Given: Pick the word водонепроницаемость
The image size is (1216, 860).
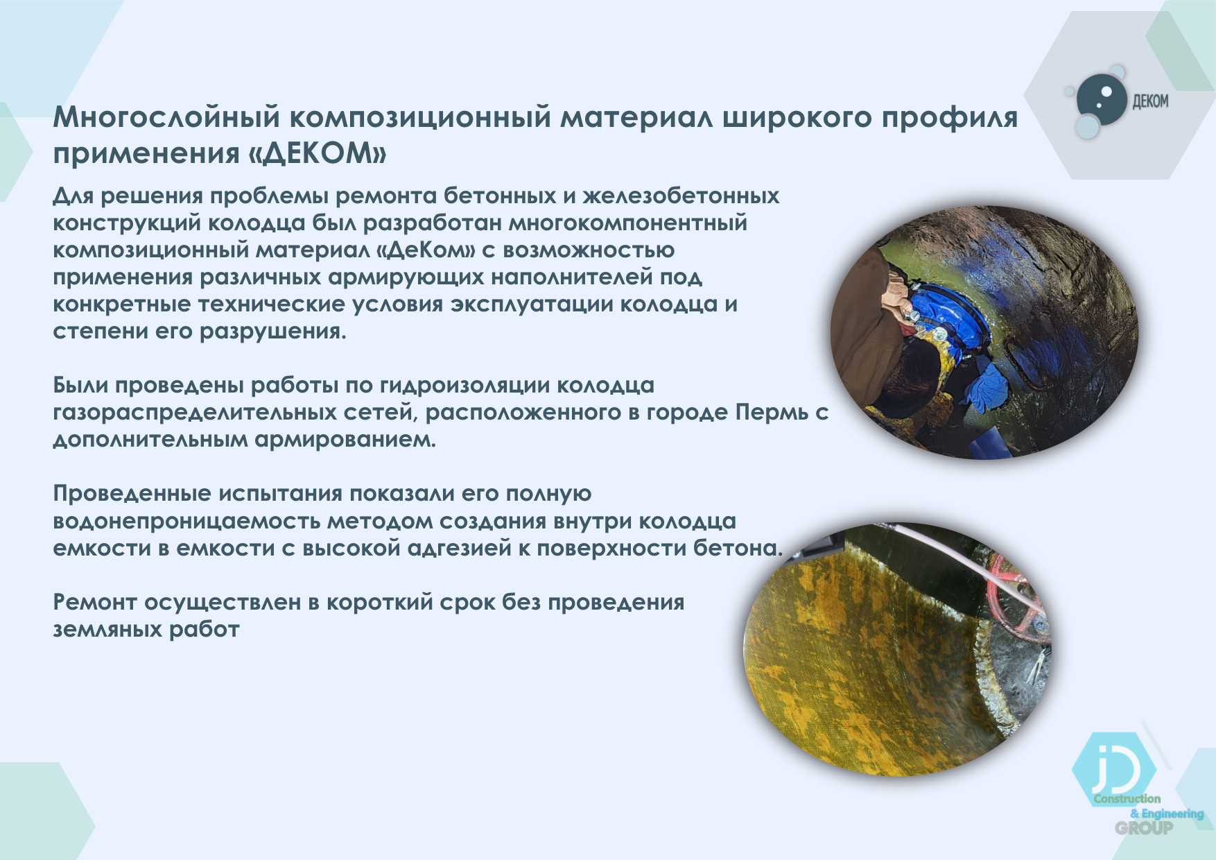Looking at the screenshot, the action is point(185,521).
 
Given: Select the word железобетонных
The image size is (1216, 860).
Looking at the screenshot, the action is point(681,196).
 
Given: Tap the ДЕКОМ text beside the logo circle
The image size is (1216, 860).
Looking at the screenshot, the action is point(1150,101).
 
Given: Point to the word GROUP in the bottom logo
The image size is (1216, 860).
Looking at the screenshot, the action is point(1144,827).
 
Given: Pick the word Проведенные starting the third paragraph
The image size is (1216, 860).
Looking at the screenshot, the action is point(132,494).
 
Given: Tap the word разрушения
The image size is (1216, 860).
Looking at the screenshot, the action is point(272,332).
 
